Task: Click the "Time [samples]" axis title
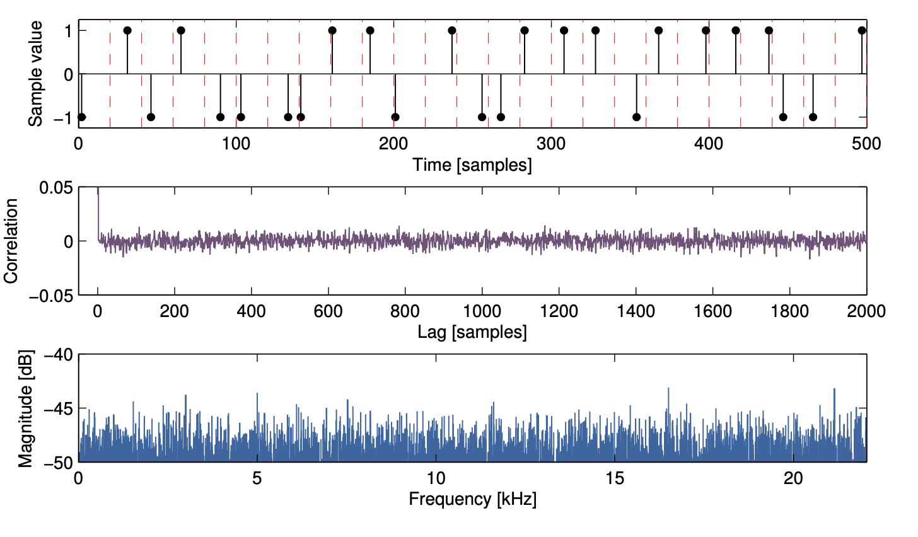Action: [x=472, y=165]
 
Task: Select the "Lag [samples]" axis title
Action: [x=472, y=332]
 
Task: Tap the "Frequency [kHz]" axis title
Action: [x=472, y=499]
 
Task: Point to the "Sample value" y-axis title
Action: [x=36, y=74]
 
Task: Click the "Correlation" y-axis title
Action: [x=11, y=241]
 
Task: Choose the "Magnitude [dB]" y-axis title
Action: [x=25, y=410]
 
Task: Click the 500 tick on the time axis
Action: [x=866, y=144]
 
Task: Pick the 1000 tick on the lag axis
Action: [x=482, y=311]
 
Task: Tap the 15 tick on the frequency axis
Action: [x=615, y=479]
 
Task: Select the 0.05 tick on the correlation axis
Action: [x=57, y=188]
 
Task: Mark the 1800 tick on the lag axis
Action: [x=789, y=311]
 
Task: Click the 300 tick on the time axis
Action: [x=551, y=144]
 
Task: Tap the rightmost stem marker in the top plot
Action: [x=862, y=30]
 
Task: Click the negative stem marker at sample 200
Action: [x=395, y=117]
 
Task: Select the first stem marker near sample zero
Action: [x=81, y=117]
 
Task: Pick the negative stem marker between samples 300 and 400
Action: [x=636, y=117]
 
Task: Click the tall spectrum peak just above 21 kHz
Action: [x=834, y=390]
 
